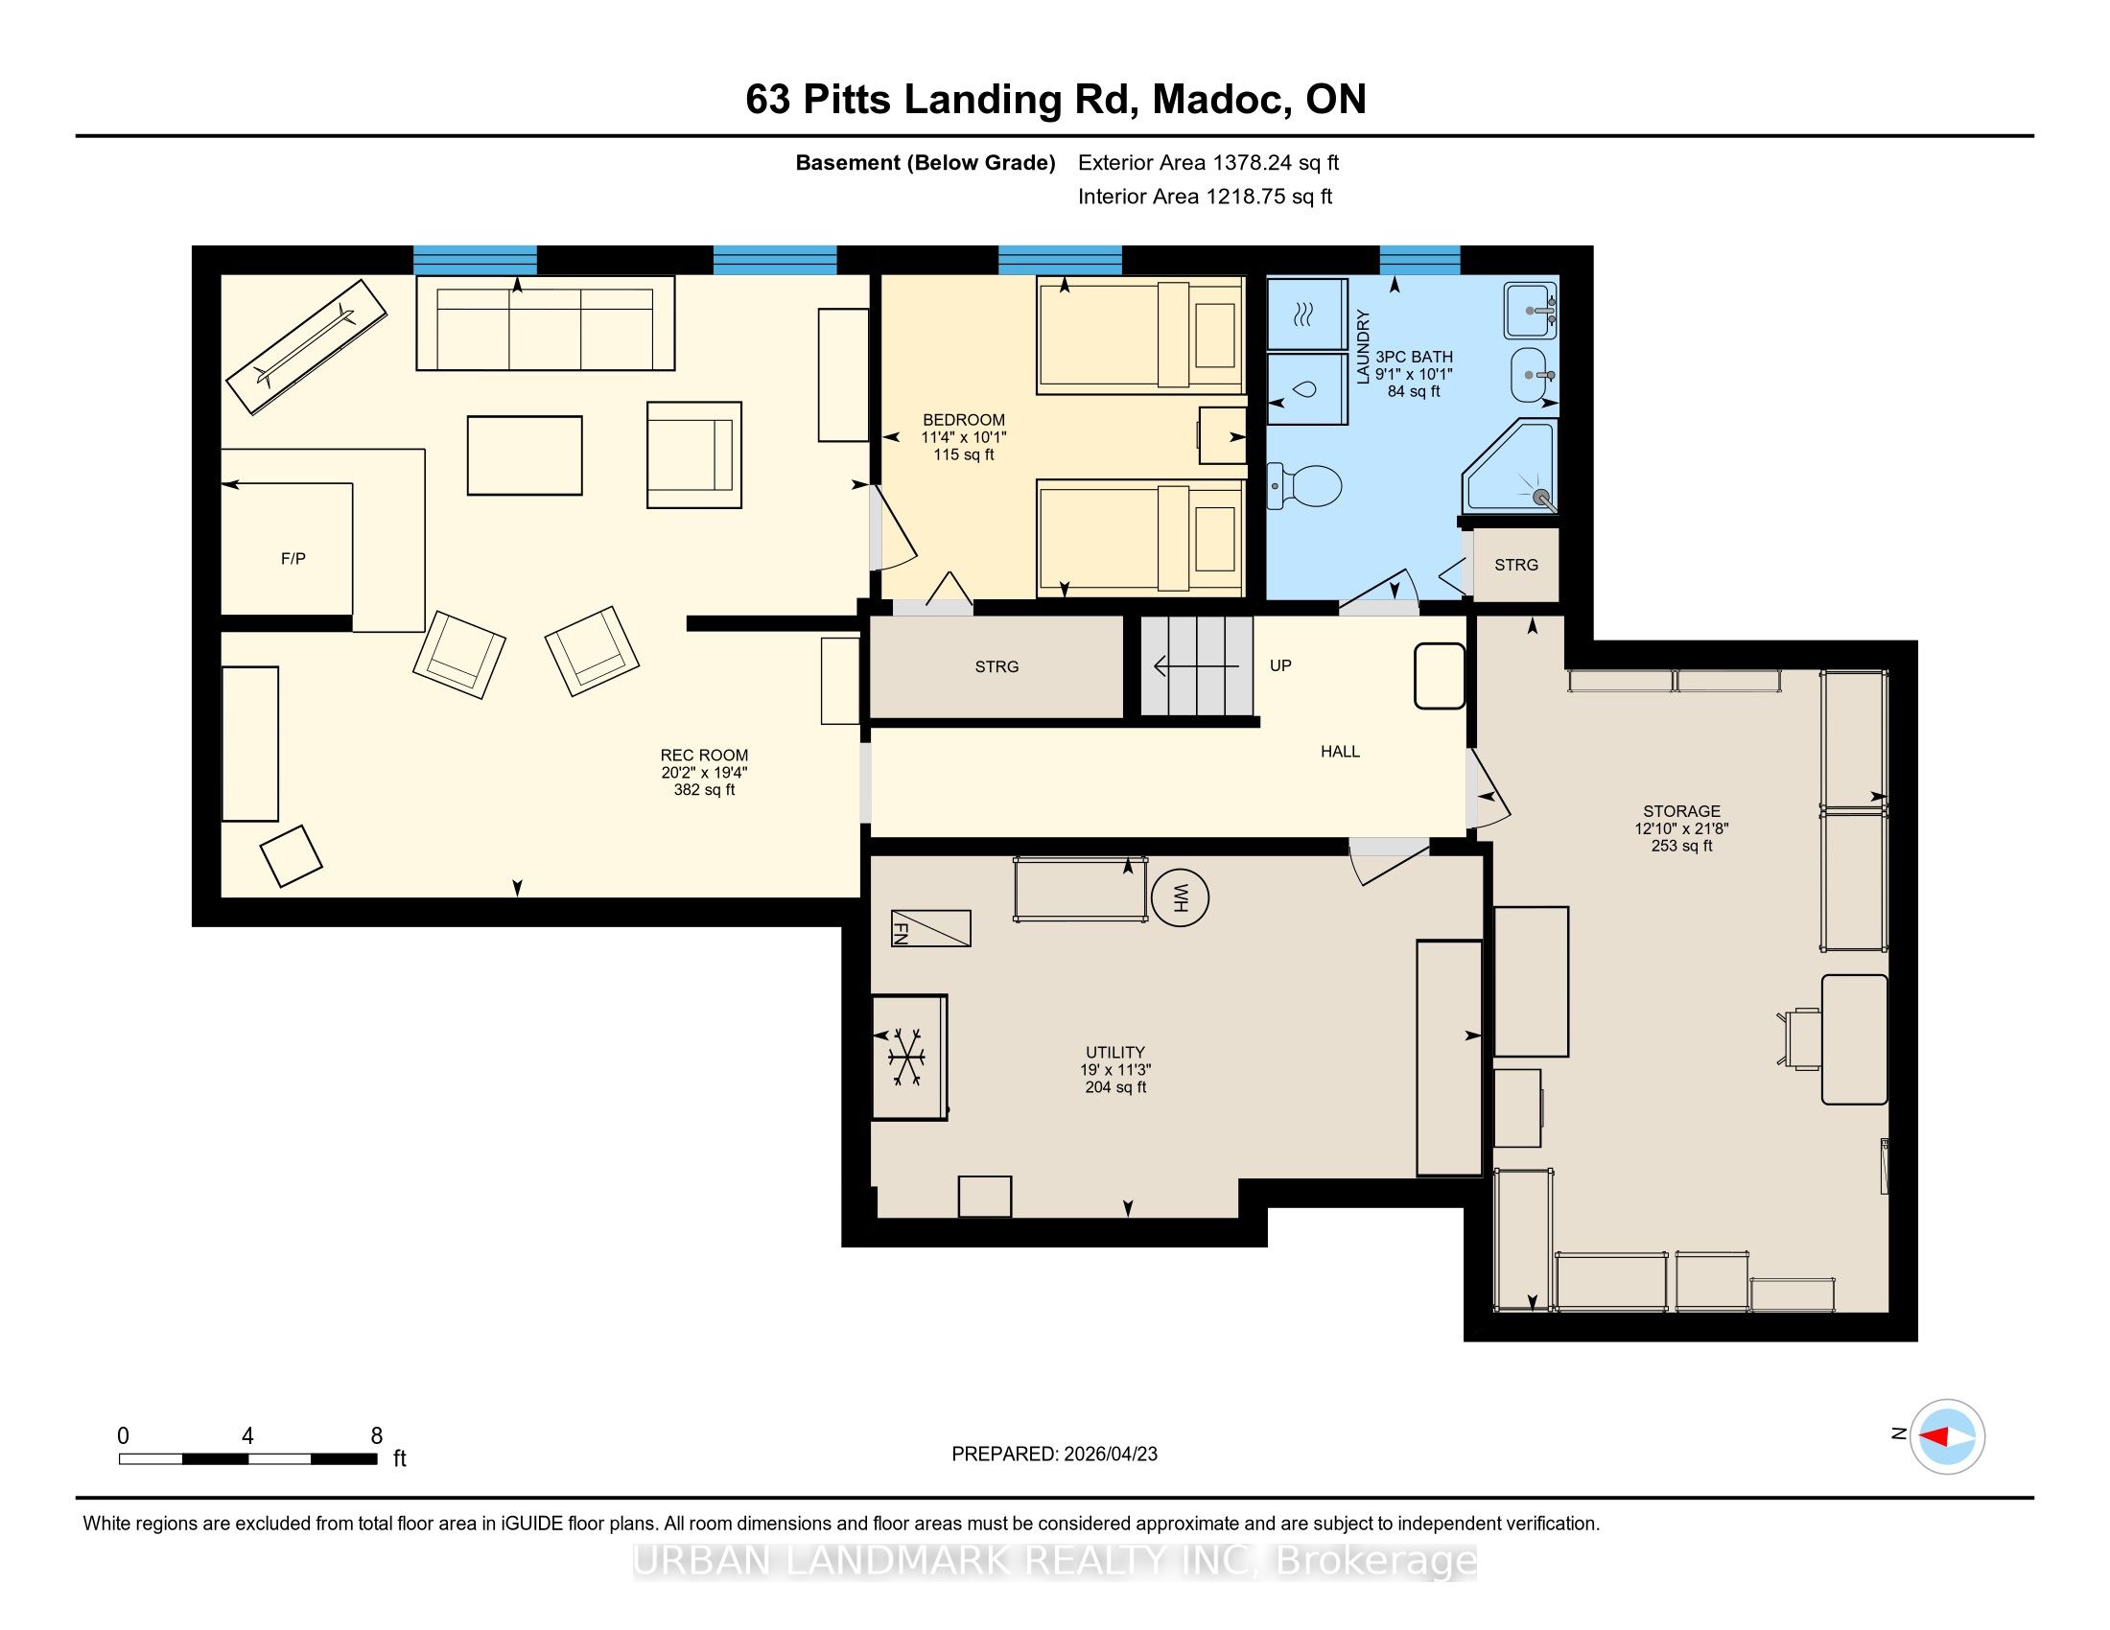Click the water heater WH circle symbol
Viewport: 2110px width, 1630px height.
[1180, 898]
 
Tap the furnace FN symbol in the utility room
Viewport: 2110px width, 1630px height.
[930, 928]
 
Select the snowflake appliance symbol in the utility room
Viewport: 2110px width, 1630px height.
[907, 1057]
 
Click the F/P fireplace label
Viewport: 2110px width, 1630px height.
[293, 558]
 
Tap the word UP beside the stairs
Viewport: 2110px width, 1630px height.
[1280, 665]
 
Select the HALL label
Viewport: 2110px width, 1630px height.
[1340, 752]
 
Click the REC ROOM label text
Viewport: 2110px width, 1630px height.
[704, 756]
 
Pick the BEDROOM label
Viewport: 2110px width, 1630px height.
[963, 420]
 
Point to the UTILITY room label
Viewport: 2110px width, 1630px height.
[1114, 1053]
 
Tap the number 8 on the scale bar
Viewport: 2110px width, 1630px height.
[377, 1436]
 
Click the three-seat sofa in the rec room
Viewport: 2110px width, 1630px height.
[545, 322]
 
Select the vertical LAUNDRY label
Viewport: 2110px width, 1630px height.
[1363, 347]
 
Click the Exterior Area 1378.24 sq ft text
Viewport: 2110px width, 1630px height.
[1208, 162]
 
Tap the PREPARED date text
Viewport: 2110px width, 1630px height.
[1054, 1455]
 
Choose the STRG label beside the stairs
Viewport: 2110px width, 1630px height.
[996, 666]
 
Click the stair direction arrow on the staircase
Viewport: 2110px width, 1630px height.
[1196, 666]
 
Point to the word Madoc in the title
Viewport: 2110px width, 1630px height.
[1220, 100]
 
